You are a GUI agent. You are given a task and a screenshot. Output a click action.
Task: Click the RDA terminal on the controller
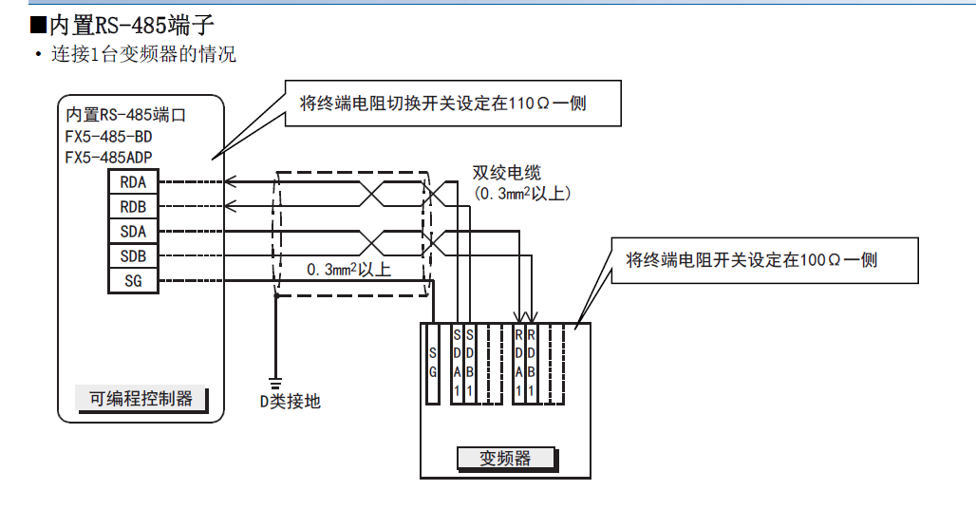[133, 181]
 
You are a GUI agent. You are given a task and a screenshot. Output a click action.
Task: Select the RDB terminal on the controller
[133, 206]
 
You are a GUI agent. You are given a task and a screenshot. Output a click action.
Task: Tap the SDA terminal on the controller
[133, 231]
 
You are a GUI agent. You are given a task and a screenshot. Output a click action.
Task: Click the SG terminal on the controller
[133, 281]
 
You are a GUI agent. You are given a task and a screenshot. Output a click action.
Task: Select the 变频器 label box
[505, 459]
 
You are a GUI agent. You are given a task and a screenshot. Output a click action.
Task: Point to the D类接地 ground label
[291, 402]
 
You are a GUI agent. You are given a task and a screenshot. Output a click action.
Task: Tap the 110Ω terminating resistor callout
[453, 104]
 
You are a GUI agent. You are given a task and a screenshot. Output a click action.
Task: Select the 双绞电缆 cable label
[507, 173]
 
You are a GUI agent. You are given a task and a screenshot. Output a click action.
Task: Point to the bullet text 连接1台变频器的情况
[142, 54]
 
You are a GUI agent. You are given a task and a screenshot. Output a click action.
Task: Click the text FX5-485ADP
[109, 158]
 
